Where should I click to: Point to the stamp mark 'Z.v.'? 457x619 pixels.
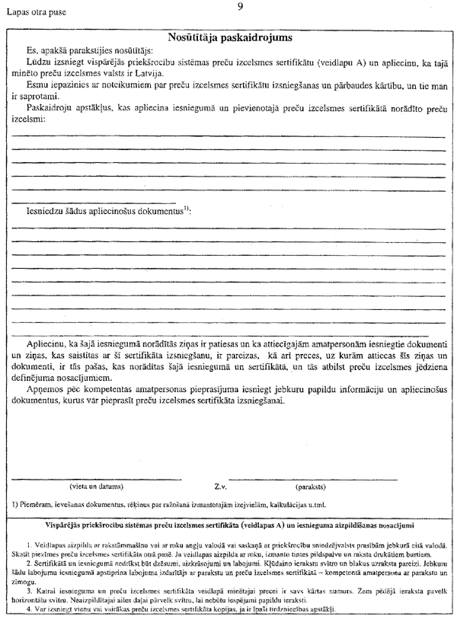(222, 486)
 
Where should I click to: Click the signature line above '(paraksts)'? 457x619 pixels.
(312, 479)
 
